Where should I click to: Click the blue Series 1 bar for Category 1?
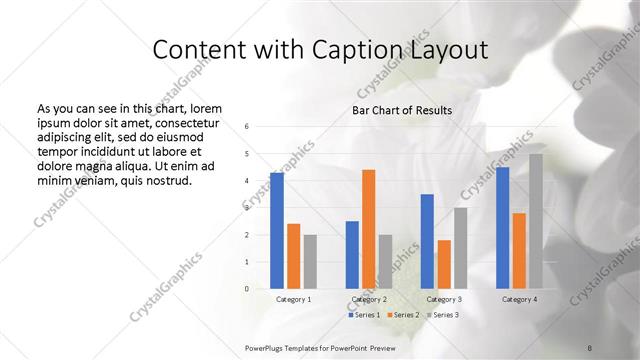277,230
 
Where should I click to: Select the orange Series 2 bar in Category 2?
369,229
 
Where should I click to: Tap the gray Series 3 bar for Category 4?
536,221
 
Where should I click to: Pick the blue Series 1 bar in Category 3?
427,241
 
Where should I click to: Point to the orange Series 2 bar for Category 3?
444,264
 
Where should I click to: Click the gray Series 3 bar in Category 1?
310,261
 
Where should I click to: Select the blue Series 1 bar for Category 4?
503,227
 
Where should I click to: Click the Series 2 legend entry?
402,315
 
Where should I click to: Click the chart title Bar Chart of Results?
402,110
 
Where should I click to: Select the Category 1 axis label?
293,299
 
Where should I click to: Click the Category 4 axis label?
519,299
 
